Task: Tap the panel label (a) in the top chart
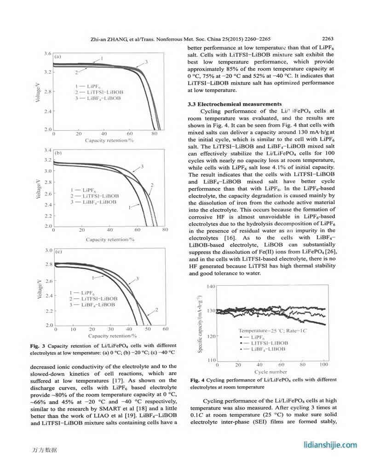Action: click(58, 57)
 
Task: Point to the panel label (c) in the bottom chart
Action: click(59, 252)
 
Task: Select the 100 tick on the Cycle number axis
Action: click(324, 365)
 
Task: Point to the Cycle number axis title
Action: click(271, 372)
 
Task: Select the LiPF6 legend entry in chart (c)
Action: click(84, 293)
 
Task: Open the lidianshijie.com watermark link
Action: click(331, 444)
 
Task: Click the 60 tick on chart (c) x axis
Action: click(166, 329)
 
